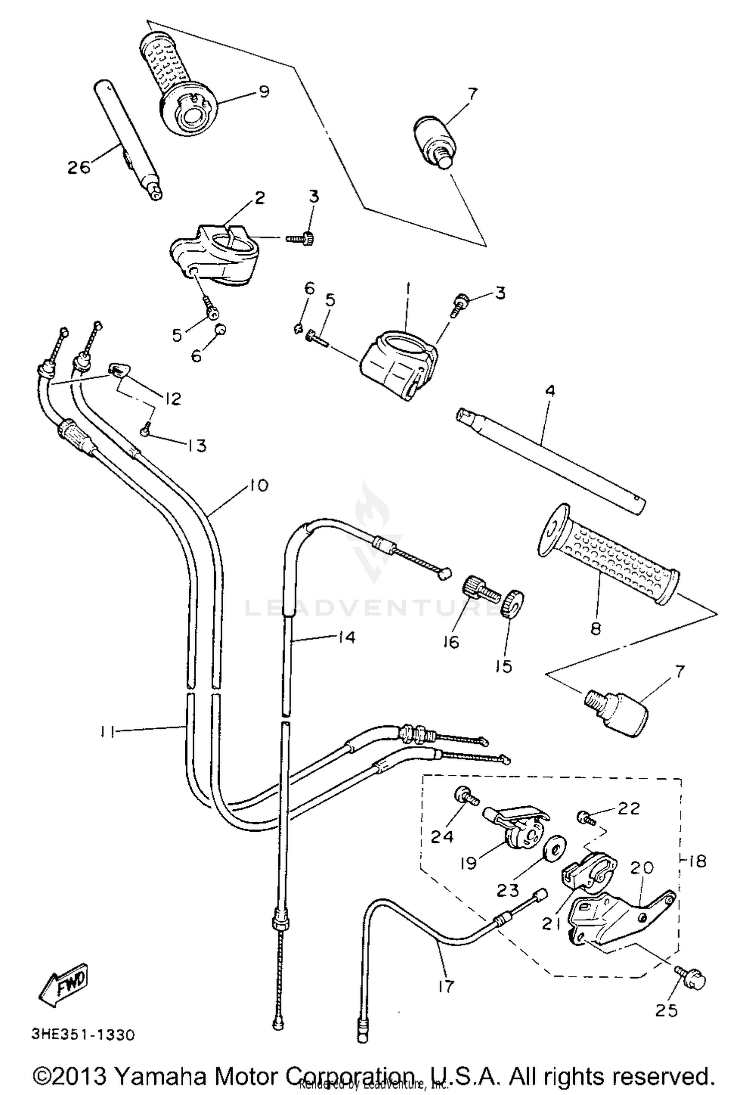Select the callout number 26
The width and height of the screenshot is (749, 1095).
(x=79, y=167)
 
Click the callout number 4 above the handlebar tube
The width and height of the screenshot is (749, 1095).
(x=549, y=390)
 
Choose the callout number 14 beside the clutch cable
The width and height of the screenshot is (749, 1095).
(x=346, y=637)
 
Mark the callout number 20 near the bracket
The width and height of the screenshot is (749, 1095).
(x=641, y=868)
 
